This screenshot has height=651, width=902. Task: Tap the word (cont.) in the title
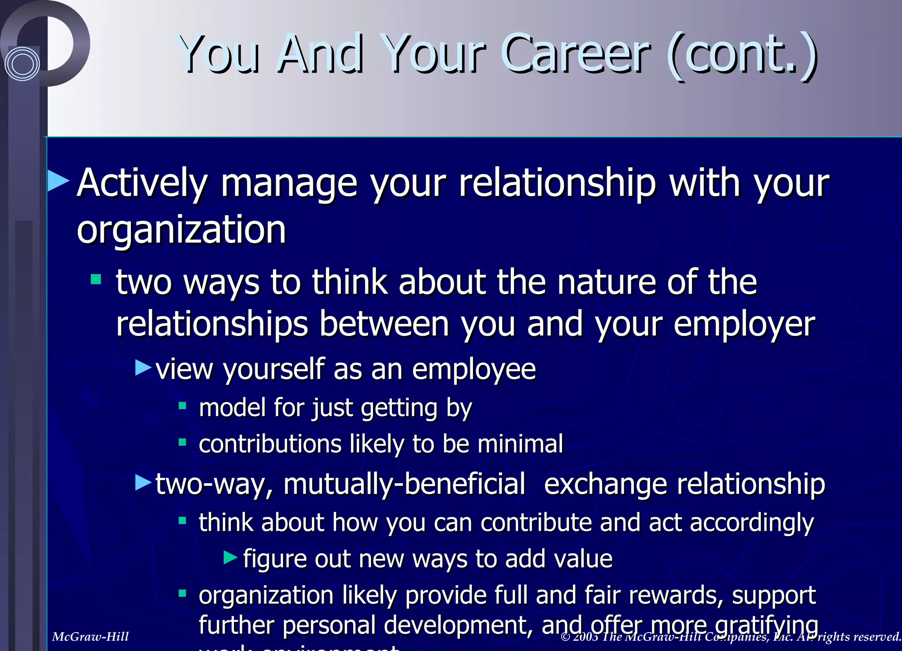coord(742,55)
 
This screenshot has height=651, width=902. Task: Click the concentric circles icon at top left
coord(22,64)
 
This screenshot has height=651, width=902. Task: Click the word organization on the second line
coord(181,230)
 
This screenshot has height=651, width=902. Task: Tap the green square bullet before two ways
coord(96,280)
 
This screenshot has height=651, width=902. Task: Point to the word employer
coord(744,325)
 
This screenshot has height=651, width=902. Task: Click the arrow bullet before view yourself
coord(144,367)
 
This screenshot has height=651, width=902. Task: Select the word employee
coord(474,370)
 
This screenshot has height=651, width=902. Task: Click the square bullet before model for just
coord(182,405)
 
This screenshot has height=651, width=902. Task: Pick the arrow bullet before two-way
coord(144,482)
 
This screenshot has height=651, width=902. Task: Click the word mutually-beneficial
coord(404,484)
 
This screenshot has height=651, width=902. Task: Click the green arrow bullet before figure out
coord(230,558)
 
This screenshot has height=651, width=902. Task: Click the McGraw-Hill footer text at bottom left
coord(90,636)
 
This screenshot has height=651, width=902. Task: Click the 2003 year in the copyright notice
coord(585,636)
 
